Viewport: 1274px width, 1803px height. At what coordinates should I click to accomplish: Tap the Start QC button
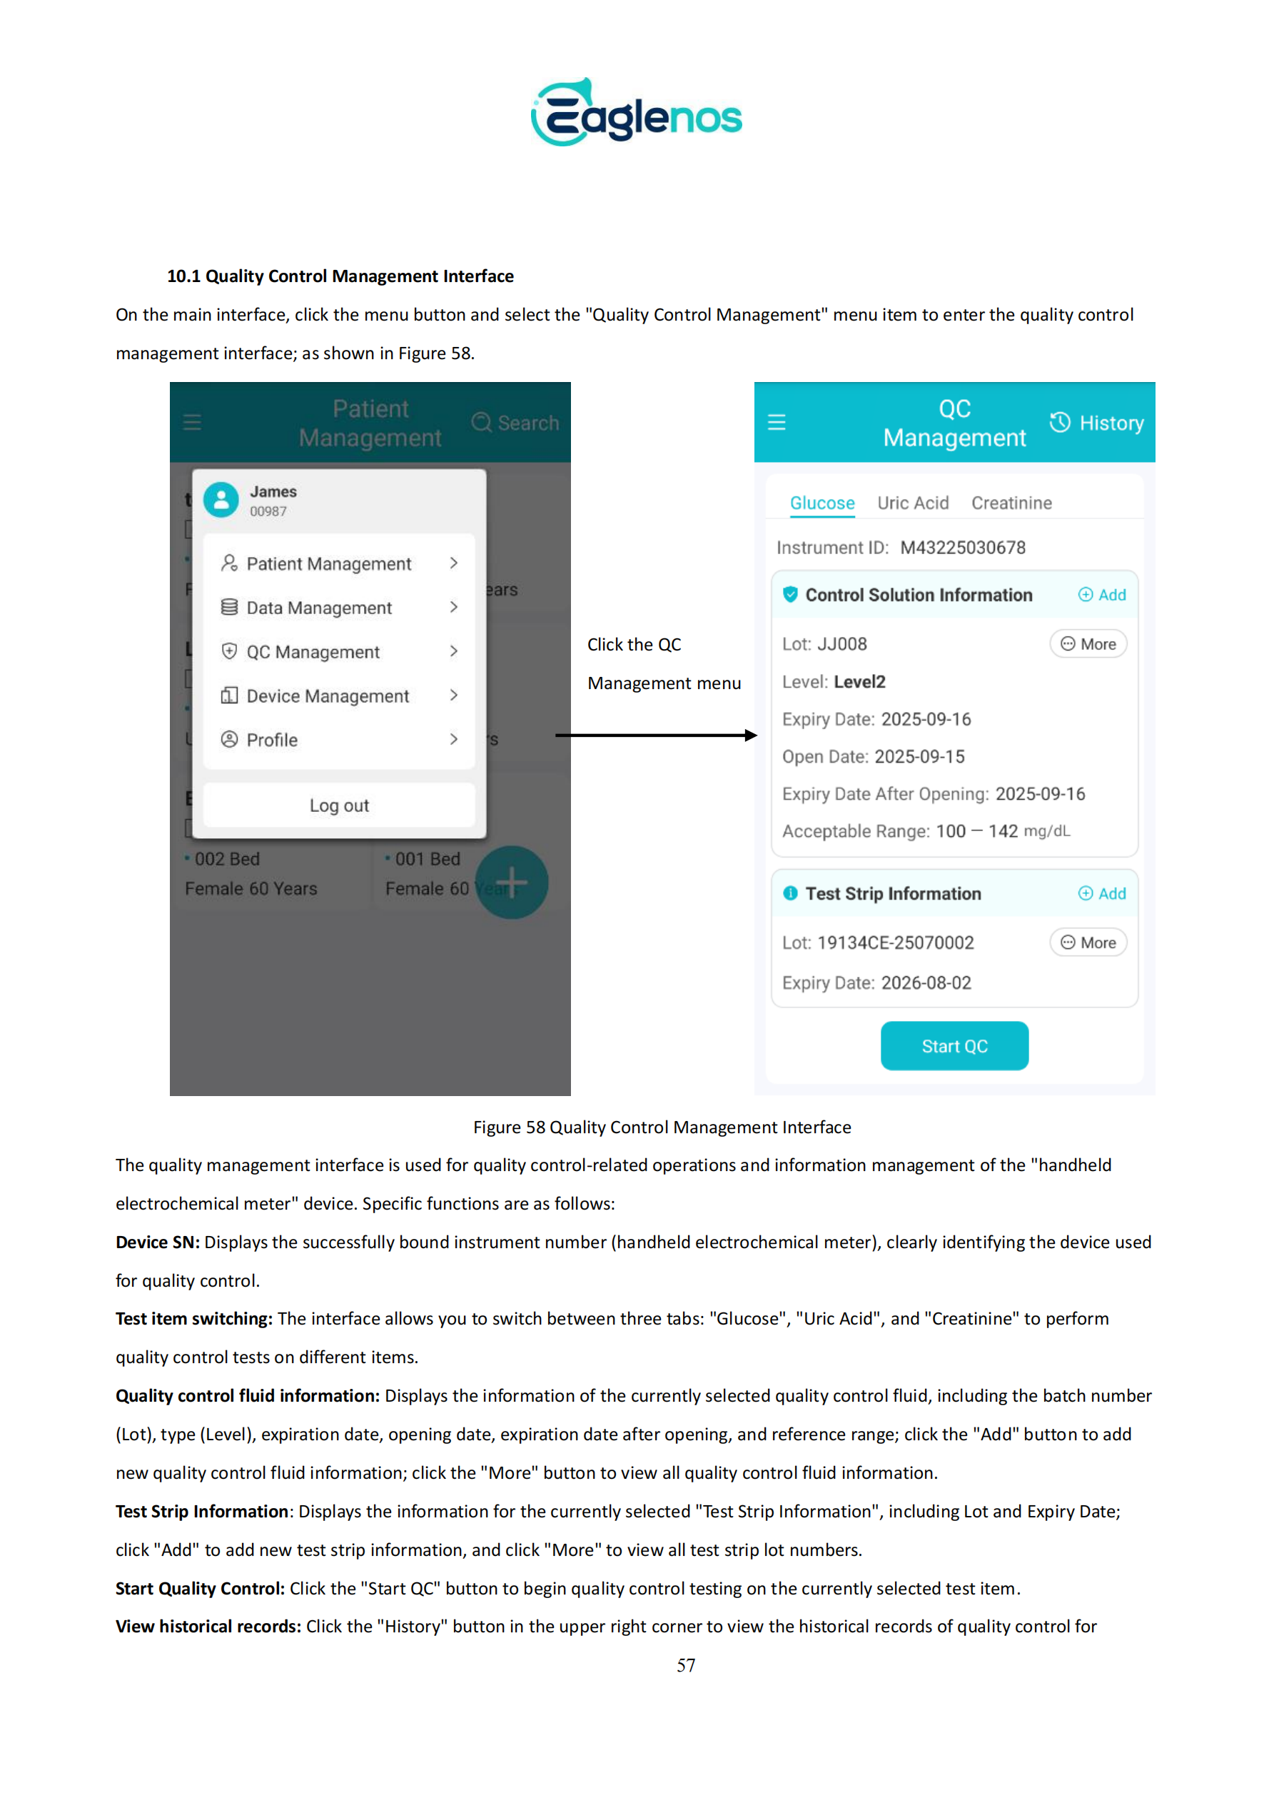[954, 1045]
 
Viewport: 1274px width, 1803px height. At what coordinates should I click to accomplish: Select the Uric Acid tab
[912, 503]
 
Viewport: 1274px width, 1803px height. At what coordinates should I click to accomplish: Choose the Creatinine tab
[1011, 503]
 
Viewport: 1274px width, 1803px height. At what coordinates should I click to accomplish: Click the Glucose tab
[822, 503]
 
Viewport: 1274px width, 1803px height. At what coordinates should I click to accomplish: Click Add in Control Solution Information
[1102, 595]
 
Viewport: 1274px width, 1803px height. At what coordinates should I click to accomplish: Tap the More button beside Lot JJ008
[1088, 644]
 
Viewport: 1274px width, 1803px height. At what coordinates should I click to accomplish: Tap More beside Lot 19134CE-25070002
[1088, 943]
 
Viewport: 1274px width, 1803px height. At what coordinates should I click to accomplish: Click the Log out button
[338, 805]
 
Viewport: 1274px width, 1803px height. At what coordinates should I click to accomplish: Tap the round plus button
[511, 882]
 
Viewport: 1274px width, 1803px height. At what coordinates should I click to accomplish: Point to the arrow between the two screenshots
[655, 735]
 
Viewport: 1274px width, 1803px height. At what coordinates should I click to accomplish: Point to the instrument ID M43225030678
[962, 548]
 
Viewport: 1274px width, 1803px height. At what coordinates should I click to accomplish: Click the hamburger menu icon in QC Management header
[777, 423]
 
